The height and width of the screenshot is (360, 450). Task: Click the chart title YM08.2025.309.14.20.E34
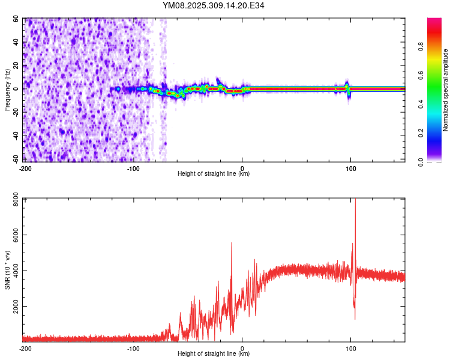214,5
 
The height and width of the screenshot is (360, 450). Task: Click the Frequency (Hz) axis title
7,90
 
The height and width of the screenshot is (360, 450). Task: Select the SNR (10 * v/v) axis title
7,269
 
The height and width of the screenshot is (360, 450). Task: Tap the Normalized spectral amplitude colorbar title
446,90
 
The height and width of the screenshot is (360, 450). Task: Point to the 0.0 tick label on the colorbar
439,161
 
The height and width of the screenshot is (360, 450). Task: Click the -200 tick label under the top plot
25,168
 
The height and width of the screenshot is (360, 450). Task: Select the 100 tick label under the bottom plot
351,348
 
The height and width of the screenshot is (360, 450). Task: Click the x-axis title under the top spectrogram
214,174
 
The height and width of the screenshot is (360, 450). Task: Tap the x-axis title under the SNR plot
214,354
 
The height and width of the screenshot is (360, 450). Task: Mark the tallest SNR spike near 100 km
355,199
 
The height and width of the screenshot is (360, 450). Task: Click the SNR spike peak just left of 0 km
232,243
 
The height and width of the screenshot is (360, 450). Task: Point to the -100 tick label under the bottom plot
134,348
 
